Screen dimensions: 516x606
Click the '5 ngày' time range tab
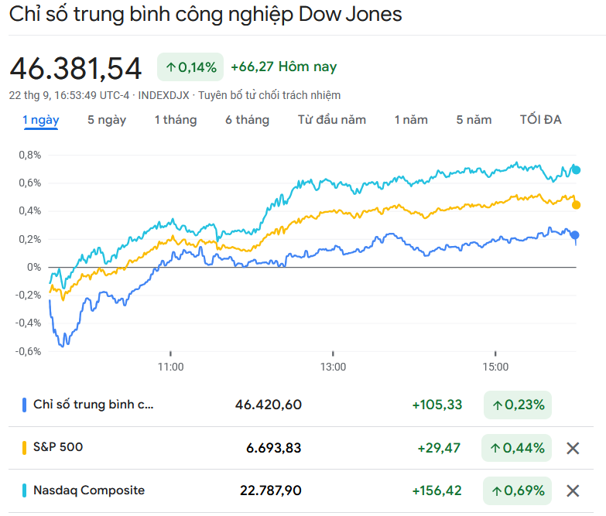tap(107, 120)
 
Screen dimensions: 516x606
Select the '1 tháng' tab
tap(176, 120)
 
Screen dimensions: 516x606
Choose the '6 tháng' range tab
tap(248, 120)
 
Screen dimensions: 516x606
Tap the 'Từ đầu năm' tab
tap(332, 120)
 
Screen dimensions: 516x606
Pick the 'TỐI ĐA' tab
tap(541, 120)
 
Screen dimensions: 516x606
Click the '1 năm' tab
tap(411, 120)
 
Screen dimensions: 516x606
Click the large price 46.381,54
tap(76, 69)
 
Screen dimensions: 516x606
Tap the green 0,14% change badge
tap(190, 67)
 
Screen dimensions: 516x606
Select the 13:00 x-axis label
tap(333, 367)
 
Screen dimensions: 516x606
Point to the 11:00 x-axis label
tap(170, 367)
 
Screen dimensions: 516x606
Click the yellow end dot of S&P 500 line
tap(576, 205)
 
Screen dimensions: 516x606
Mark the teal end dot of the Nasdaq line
tap(576, 169)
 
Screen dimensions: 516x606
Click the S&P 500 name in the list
tap(58, 447)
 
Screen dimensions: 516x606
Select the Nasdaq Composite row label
tap(89, 490)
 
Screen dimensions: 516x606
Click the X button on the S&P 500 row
tap(573, 448)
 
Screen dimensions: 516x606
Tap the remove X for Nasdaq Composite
tap(573, 490)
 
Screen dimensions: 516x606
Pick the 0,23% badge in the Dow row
tap(518, 405)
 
